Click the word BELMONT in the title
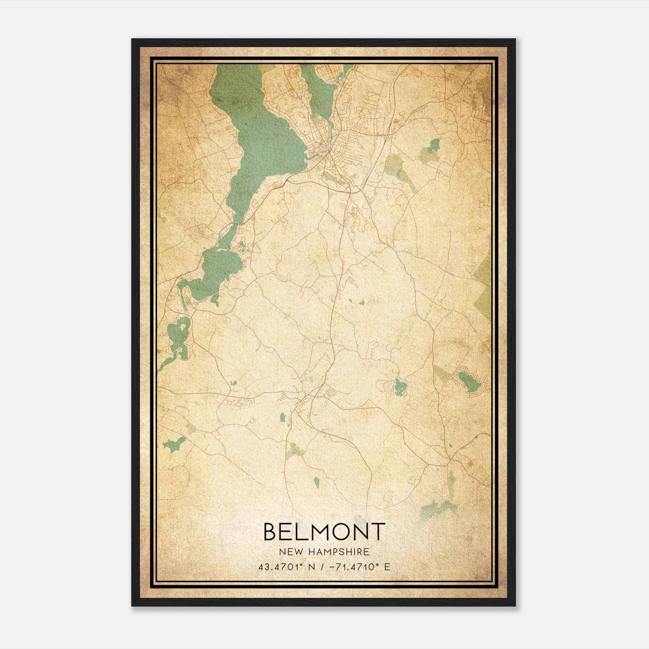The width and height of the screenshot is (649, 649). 324,531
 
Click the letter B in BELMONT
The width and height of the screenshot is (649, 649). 271,531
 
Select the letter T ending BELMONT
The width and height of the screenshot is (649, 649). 377,531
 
